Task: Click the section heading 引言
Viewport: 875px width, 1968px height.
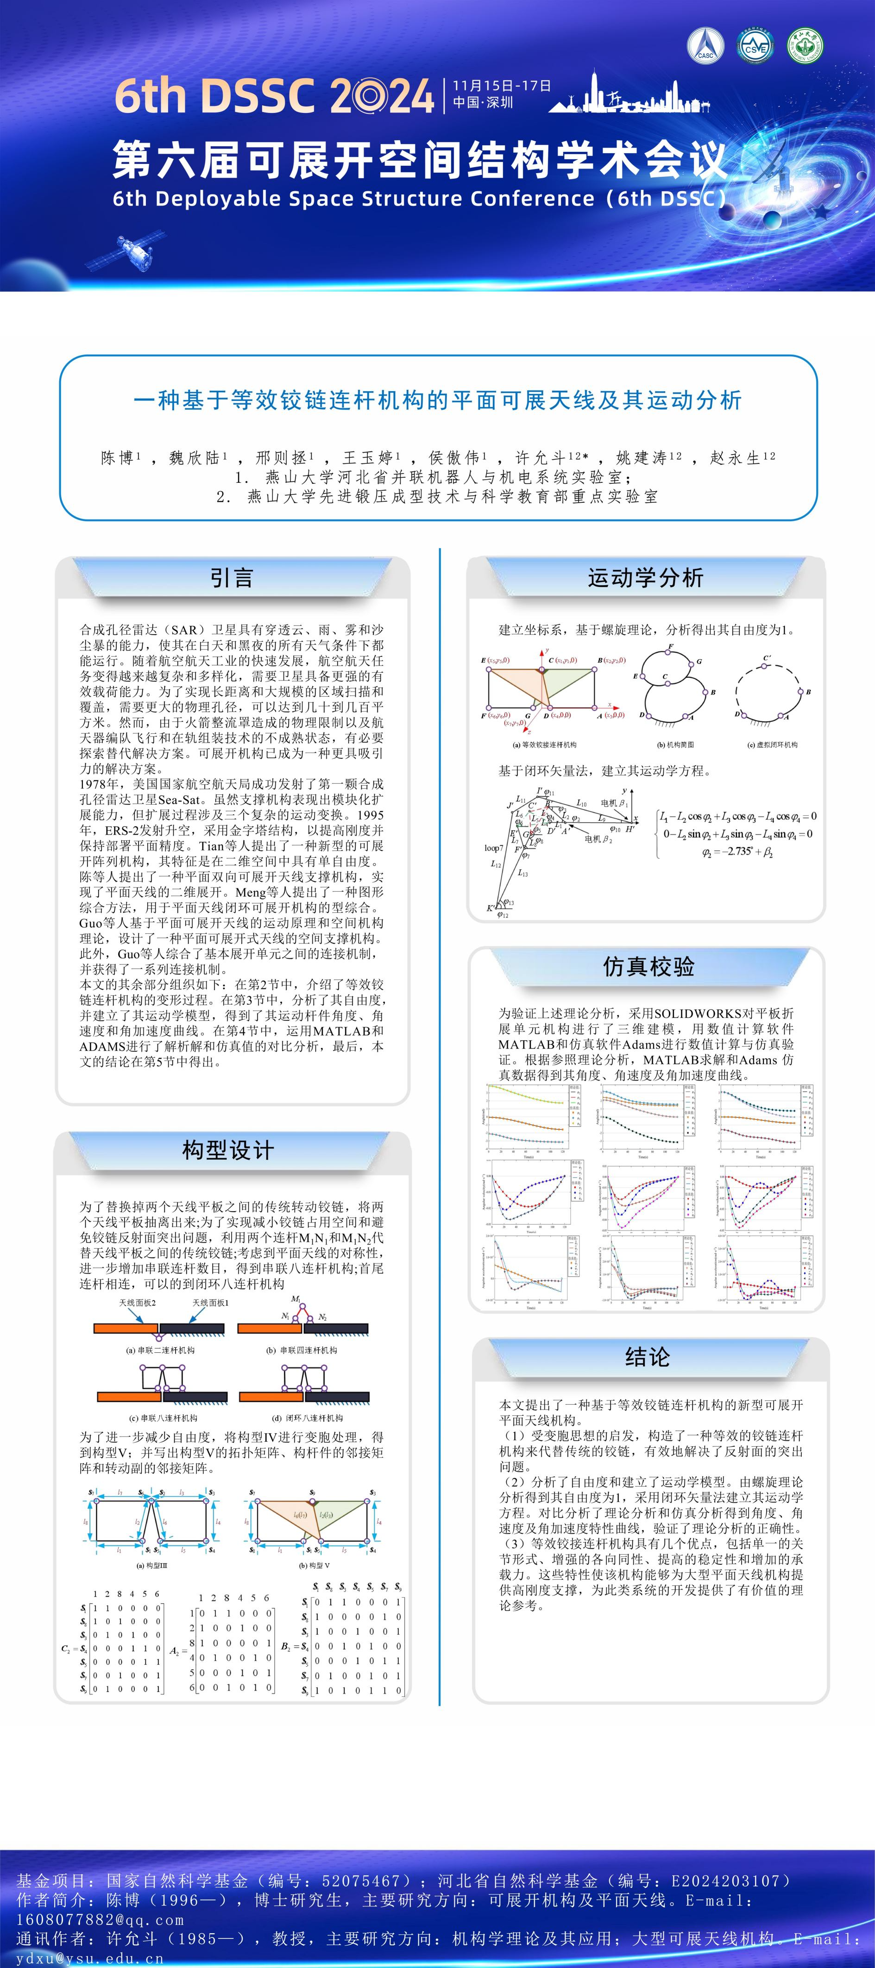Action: click(232, 578)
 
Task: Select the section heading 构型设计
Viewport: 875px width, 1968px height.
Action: click(228, 1150)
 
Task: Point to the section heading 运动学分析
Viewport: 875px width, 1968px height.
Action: click(646, 578)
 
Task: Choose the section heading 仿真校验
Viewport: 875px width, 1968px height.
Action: click(648, 967)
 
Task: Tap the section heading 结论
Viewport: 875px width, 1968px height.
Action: click(648, 1357)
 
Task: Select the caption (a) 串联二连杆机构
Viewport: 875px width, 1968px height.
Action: click(160, 1350)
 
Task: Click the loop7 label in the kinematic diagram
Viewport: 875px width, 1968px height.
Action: click(494, 848)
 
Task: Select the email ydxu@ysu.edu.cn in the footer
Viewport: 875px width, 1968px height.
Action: click(90, 1959)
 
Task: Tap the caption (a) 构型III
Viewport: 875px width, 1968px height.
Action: click(151, 1565)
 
